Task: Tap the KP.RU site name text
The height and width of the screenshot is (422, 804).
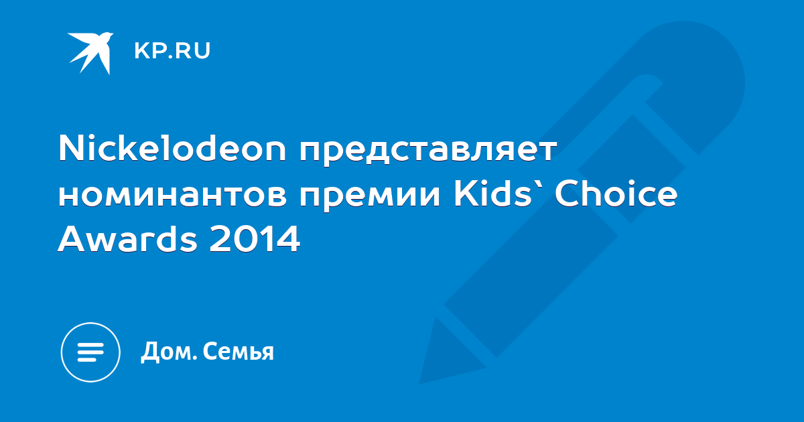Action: tap(172, 51)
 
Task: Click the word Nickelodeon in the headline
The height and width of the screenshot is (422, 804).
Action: tap(172, 148)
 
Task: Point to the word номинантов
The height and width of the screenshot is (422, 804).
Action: tap(173, 196)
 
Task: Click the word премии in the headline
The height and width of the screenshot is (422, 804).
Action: tap(370, 198)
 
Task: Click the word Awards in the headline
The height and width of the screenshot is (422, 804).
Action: tap(127, 239)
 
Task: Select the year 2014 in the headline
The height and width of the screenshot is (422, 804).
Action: tap(255, 239)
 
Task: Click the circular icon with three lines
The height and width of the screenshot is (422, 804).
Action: tap(90, 352)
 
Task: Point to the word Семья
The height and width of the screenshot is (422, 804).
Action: tap(239, 351)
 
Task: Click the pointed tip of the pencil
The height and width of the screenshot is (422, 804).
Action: tap(421, 382)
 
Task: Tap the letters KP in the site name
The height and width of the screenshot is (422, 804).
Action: tap(149, 51)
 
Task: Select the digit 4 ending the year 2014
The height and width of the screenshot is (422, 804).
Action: tap(288, 239)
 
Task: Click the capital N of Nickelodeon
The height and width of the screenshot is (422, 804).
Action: tap(72, 147)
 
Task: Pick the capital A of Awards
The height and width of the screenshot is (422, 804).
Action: tap(72, 239)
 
